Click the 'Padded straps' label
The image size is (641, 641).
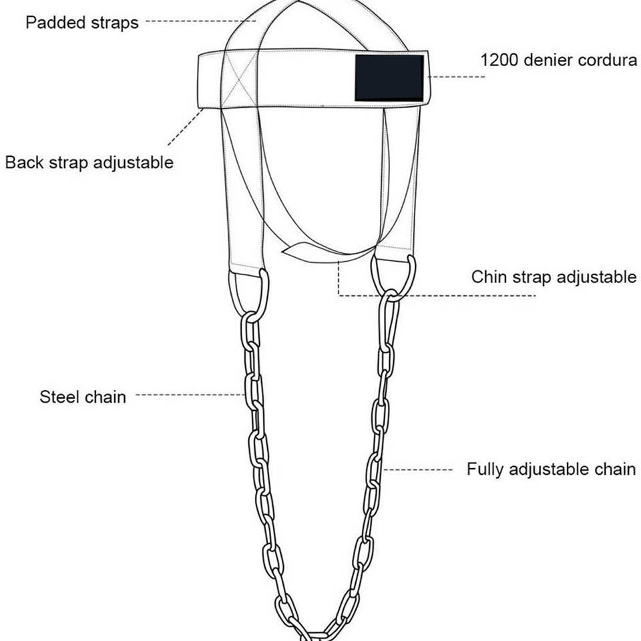tap(82, 23)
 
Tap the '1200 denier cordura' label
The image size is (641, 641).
tap(558, 59)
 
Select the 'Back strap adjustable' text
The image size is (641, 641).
tap(89, 162)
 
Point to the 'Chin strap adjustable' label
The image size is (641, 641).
tap(554, 277)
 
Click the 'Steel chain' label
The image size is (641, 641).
tap(83, 397)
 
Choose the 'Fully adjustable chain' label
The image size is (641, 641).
tap(551, 469)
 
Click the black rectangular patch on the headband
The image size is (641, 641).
tap(389, 77)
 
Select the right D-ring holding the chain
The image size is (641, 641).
tap(394, 277)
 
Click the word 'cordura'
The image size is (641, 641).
tap(605, 59)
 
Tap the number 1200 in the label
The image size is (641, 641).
tap(499, 59)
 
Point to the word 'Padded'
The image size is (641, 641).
tap(51, 23)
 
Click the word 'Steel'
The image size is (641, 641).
tap(59, 397)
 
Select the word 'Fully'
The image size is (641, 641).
tap(485, 469)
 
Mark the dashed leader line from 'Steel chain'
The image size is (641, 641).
tap(190, 395)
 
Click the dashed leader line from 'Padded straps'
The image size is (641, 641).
tap(200, 21)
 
